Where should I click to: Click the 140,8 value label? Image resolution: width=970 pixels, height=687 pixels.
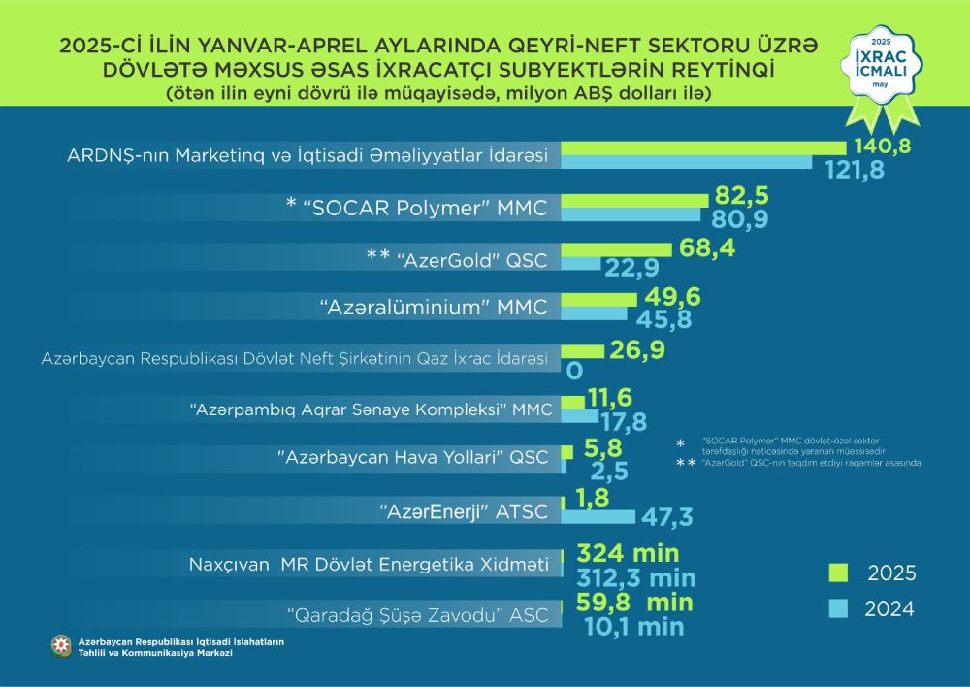point(884,147)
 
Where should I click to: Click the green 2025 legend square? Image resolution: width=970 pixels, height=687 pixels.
point(839,571)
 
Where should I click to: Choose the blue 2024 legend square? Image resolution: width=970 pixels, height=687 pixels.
point(839,609)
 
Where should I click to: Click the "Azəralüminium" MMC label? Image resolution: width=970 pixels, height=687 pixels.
point(434,308)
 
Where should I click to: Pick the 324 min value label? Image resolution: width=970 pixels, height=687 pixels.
point(628,554)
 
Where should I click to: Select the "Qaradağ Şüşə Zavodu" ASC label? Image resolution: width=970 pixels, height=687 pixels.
point(411,613)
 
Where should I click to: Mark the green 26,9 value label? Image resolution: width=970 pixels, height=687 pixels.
point(637,349)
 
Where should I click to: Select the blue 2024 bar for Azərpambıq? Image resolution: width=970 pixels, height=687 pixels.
point(580,415)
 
